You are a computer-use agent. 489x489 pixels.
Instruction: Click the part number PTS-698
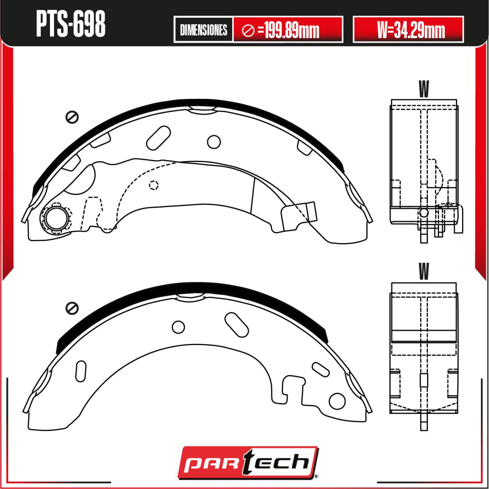pos(71,24)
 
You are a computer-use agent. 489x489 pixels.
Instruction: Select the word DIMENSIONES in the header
pos(203,30)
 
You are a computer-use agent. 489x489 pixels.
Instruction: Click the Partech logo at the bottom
pos(248,462)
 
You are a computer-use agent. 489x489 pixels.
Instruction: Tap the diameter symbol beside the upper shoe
pos(72,117)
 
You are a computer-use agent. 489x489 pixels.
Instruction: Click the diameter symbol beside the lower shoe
pos(72,308)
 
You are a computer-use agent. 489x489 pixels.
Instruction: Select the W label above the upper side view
pos(424,89)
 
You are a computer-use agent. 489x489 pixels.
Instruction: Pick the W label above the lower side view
pos(424,272)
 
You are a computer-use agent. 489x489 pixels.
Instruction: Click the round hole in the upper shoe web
pos(214,142)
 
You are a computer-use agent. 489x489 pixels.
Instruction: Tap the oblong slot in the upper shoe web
pos(159,137)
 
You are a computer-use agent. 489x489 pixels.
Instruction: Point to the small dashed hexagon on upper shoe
pos(154,185)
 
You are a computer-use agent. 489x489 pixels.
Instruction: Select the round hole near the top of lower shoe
pos(178,327)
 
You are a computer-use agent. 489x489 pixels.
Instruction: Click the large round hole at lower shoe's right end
pos(337,401)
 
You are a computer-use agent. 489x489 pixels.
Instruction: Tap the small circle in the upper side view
pos(424,213)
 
